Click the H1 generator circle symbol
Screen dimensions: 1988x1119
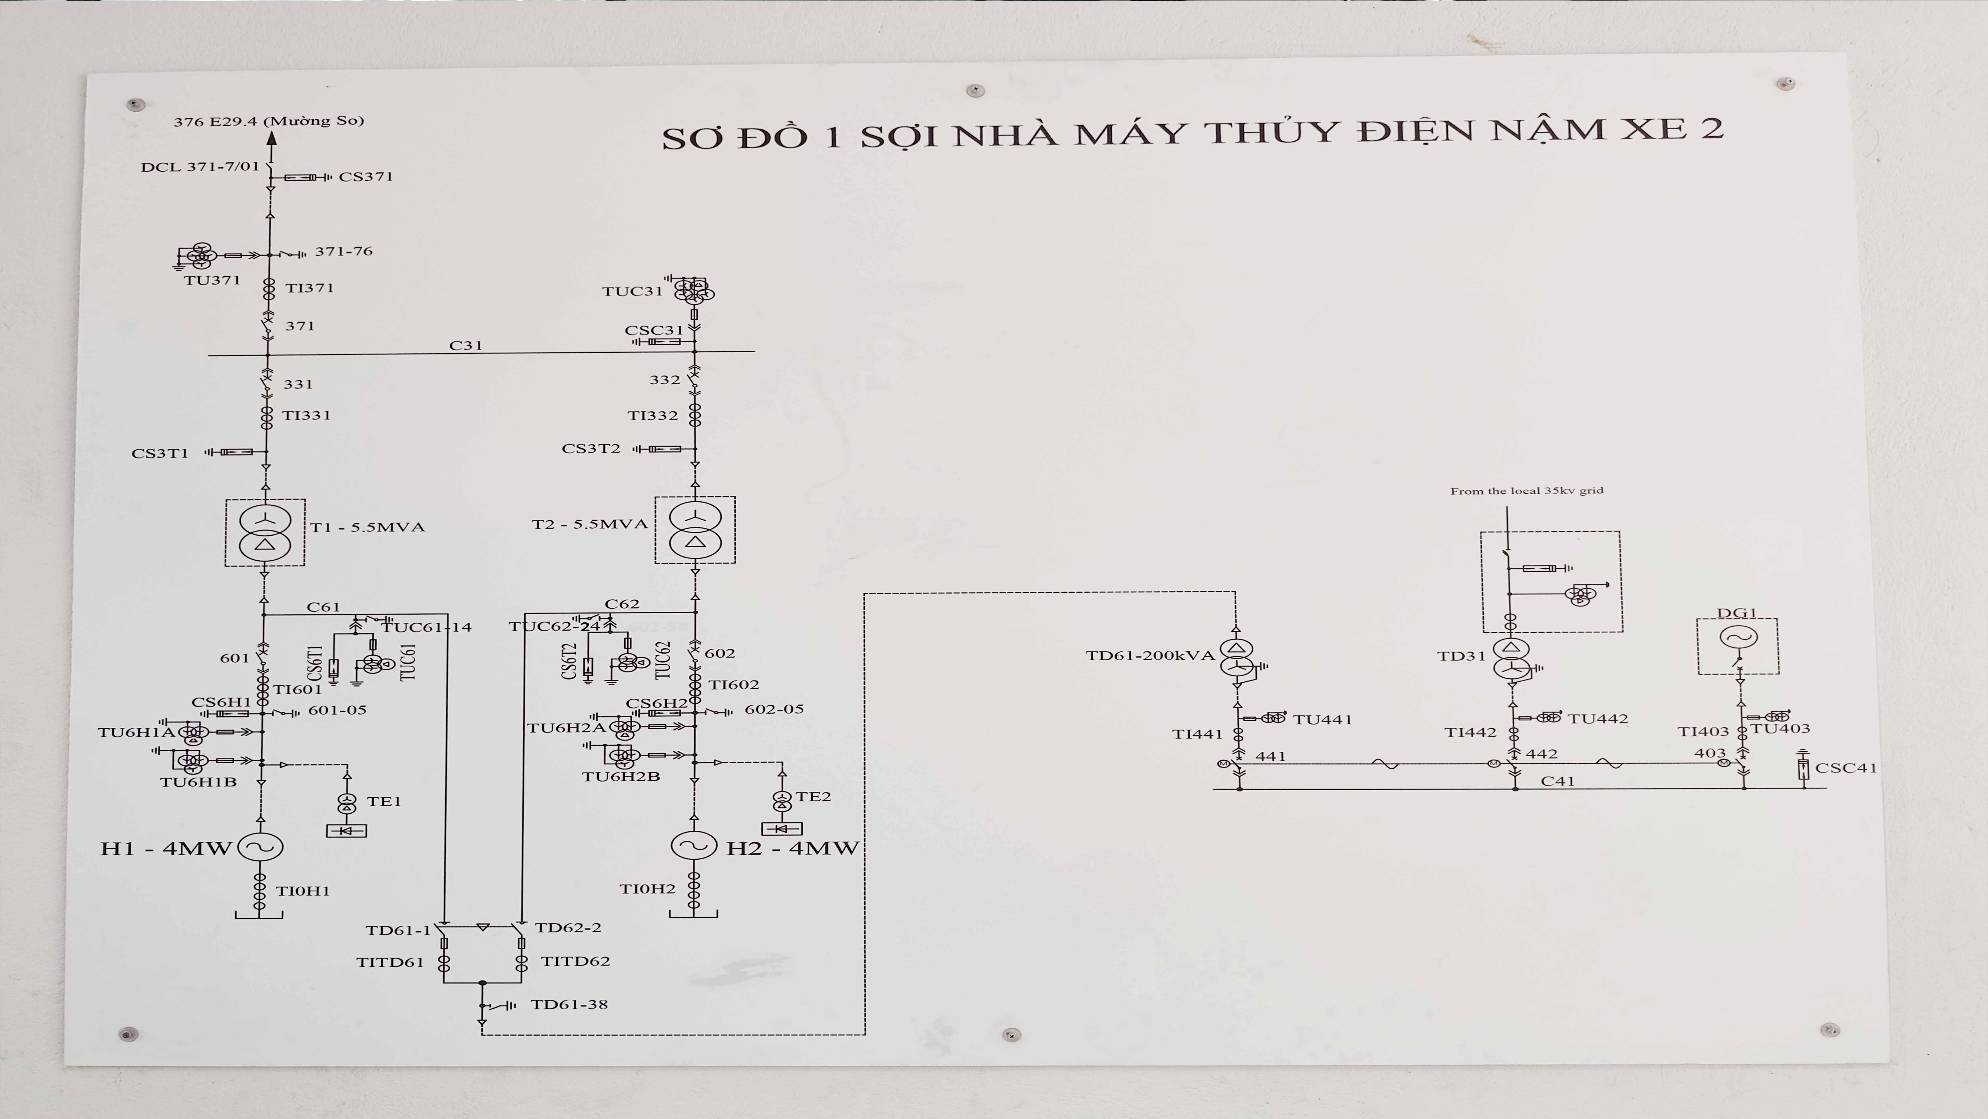pyautogui.click(x=260, y=847)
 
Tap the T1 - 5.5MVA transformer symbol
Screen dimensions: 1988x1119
pyautogui.click(x=265, y=532)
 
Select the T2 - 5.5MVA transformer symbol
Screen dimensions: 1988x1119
pyautogui.click(x=694, y=529)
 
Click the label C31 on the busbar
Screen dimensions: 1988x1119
pyautogui.click(x=466, y=345)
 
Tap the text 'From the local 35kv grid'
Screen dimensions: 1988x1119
pyautogui.click(x=1526, y=490)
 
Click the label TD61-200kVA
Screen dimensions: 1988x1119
pyautogui.click(x=1150, y=655)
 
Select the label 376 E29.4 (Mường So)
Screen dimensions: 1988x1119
pyautogui.click(x=269, y=120)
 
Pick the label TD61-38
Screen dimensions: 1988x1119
pyautogui.click(x=570, y=1004)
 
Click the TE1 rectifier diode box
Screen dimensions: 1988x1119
pyautogui.click(x=347, y=830)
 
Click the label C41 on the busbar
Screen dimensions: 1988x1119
pyautogui.click(x=1557, y=781)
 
